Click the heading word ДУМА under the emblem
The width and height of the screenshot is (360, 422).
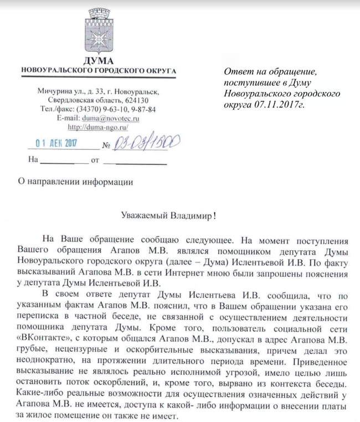pos(99,61)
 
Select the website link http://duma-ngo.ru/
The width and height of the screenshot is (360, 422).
pos(99,127)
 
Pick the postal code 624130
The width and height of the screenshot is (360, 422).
pos(133,100)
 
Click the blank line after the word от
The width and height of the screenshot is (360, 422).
pos(136,164)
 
